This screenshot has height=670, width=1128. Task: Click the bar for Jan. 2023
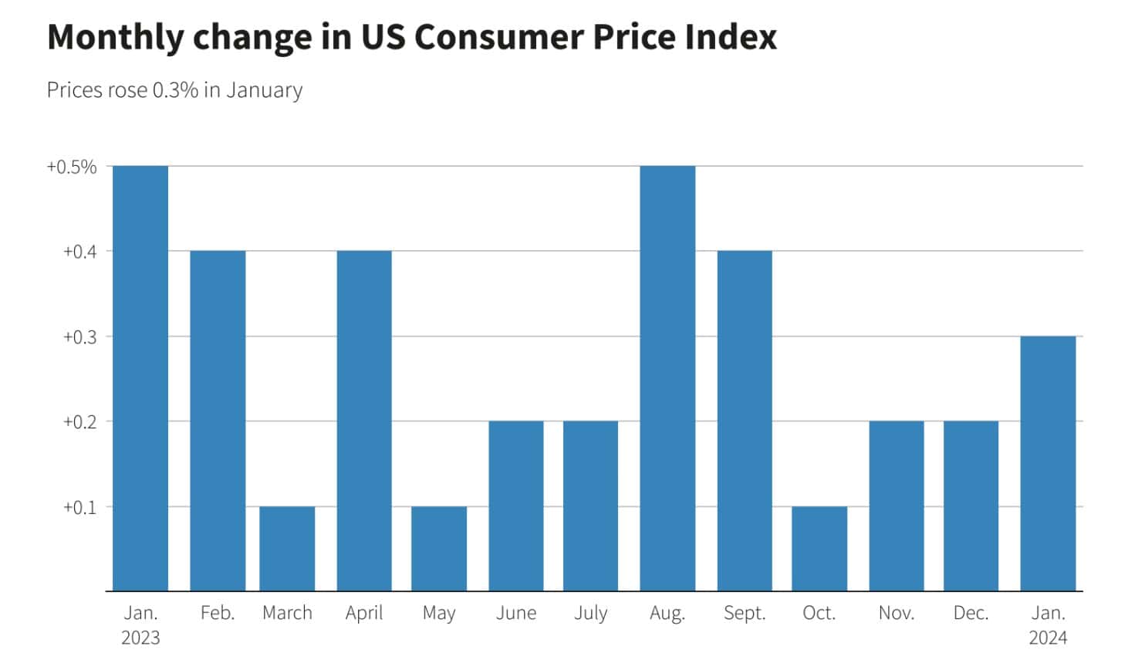coord(140,378)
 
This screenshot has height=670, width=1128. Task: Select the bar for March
coord(287,549)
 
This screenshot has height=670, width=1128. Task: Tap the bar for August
coord(667,378)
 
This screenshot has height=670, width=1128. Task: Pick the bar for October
coord(819,549)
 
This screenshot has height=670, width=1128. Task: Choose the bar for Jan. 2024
coord(1048,463)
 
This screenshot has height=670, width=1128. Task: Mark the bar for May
coord(439,549)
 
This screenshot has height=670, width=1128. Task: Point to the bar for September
coord(745,421)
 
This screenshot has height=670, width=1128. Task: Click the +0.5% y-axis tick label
coord(72,167)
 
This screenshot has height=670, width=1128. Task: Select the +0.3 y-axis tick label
coord(79,337)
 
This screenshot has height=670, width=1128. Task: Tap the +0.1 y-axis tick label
coord(79,508)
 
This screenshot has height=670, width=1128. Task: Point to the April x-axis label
coord(364,613)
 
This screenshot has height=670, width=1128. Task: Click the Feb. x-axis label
coord(218,613)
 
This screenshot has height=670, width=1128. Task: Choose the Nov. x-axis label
coord(897,613)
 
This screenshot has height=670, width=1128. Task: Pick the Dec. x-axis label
coord(971,613)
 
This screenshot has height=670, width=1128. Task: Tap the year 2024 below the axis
coord(1048,638)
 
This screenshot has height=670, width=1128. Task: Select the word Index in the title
coord(728,37)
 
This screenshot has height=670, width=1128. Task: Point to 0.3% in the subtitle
coord(175,90)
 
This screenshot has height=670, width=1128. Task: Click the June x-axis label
coord(516,613)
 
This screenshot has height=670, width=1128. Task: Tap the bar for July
coord(590,506)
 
